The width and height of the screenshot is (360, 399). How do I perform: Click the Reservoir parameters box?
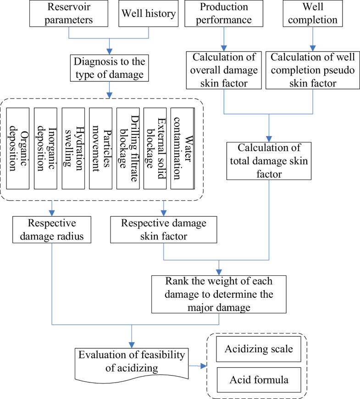click(x=68, y=13)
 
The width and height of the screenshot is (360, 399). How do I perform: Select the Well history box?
click(x=149, y=13)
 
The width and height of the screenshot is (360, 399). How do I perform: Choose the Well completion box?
click(x=313, y=13)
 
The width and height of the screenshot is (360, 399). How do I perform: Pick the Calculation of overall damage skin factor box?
click(x=224, y=70)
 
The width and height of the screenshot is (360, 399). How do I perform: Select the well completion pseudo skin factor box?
click(x=313, y=70)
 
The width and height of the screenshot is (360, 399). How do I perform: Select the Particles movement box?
click(x=100, y=148)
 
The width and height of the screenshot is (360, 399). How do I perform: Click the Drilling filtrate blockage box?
click(x=128, y=148)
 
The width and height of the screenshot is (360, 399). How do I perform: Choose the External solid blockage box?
click(x=155, y=148)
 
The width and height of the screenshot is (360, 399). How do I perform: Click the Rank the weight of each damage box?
click(x=219, y=294)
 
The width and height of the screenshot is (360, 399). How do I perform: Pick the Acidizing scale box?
click(x=259, y=349)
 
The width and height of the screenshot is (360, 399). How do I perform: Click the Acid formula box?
click(x=259, y=380)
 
